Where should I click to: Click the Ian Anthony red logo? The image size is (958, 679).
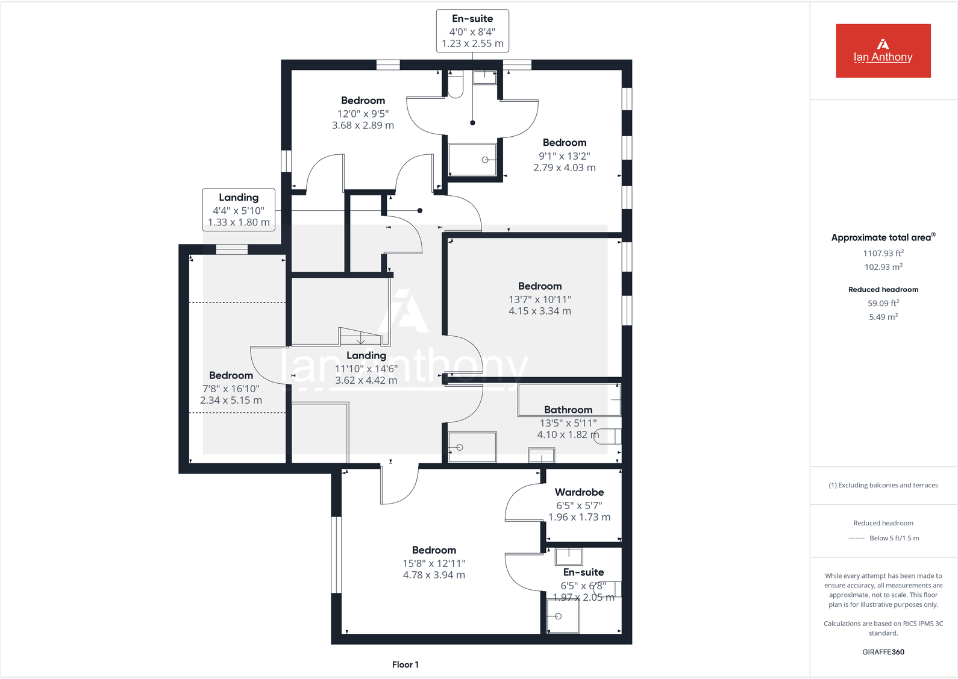click(x=883, y=51)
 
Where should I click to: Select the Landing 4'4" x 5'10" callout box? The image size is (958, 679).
click(x=239, y=210)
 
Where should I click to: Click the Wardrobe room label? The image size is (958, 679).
click(x=579, y=492)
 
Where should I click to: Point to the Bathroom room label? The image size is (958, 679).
click(x=568, y=410)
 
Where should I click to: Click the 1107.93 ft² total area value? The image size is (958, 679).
click(x=883, y=254)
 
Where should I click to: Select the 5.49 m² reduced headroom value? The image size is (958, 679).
click(x=883, y=317)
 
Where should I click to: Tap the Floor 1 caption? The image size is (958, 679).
click(x=405, y=665)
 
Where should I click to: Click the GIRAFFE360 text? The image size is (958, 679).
click(x=883, y=652)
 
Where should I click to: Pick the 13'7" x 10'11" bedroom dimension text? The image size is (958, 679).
click(x=539, y=299)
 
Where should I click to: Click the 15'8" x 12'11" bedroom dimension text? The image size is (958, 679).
click(x=434, y=563)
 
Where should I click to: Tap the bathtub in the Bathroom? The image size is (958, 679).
click(x=569, y=399)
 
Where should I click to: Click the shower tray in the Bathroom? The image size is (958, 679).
click(x=472, y=447)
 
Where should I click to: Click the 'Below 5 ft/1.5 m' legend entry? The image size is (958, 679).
click(x=894, y=538)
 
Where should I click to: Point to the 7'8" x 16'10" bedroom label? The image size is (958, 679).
click(x=231, y=388)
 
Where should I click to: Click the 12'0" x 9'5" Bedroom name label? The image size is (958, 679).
click(x=363, y=101)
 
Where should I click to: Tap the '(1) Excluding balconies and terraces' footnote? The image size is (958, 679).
click(x=883, y=485)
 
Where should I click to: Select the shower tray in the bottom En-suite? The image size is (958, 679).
click(x=563, y=616)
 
